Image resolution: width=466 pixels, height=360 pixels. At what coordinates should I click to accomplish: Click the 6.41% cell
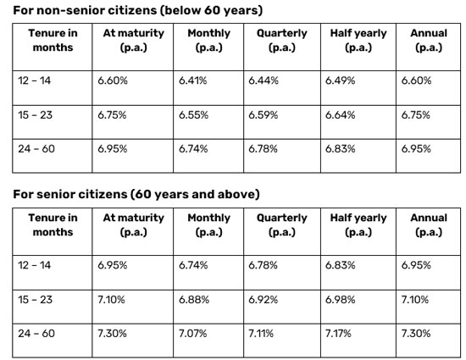pos(192,80)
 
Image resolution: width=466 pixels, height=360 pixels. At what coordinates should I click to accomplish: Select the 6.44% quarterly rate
pos(264,80)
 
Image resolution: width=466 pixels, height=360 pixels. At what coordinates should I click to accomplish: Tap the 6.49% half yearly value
pos(340,80)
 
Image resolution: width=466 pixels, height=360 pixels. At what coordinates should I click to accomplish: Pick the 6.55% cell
pos(193,115)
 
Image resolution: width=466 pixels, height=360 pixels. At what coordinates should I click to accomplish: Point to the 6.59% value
pos(263,115)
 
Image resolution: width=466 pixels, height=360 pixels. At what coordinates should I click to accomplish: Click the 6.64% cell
pos(340,115)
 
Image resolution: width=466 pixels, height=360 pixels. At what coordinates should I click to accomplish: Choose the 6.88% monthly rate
pos(194,300)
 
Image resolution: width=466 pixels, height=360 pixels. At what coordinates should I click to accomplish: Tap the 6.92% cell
pos(263,300)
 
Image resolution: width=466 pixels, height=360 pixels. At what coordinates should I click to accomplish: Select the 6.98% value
pos(340,300)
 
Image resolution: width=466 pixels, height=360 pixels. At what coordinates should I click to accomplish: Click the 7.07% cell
pos(192,334)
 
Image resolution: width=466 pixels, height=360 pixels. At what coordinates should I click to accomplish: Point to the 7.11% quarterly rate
pos(261,334)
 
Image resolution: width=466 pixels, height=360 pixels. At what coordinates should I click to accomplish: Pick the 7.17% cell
pos(338,334)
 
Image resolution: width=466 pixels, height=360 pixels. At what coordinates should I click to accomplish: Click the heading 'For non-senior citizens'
pos(85,10)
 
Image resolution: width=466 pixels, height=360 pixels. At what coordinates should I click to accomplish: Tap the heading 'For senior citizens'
pos(70,194)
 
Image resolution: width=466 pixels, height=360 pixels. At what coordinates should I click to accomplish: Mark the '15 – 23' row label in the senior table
pos(35,300)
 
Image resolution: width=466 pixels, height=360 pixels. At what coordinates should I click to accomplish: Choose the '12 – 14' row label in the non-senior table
pos(34,80)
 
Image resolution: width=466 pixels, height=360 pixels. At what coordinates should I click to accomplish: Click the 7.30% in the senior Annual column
pos(416,334)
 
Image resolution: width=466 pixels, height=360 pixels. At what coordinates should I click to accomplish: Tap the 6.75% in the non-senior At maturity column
pos(112,115)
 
